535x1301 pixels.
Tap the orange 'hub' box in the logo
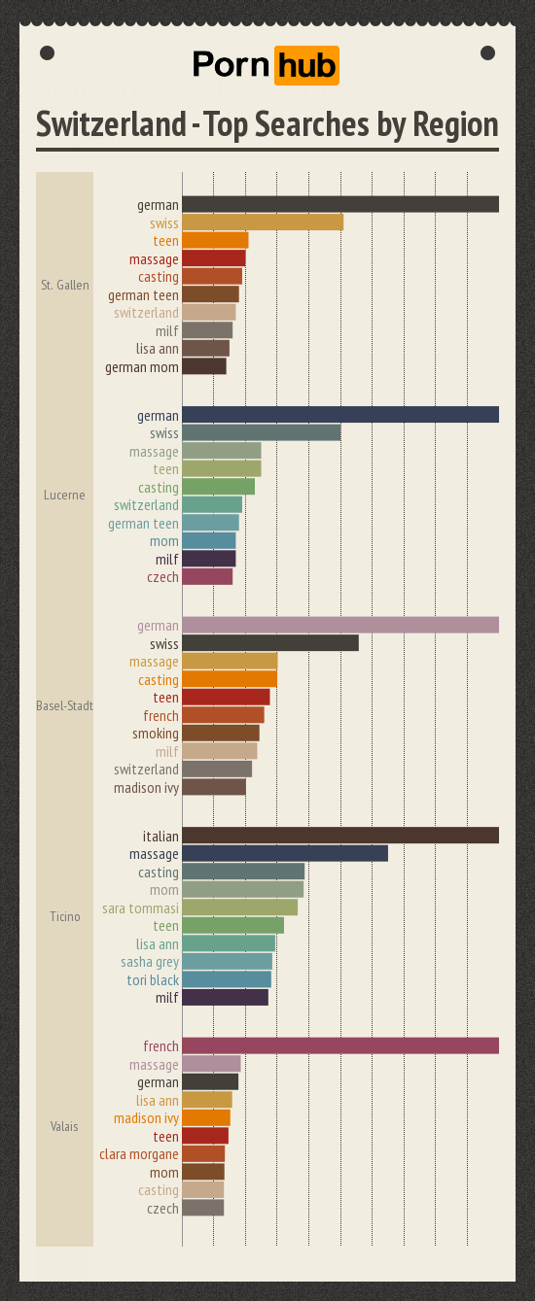point(306,65)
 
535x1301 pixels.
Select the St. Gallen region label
point(65,286)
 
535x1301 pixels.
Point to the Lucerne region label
point(64,496)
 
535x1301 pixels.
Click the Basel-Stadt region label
point(64,705)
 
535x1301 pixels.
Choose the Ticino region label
point(64,916)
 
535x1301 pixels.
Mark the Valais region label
point(64,1126)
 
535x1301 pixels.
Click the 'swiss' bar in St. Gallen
point(263,223)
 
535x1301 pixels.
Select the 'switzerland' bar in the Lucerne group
point(212,505)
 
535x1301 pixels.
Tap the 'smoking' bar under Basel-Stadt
point(221,734)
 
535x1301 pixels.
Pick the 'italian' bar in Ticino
point(340,836)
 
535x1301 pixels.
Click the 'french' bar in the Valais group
point(340,1046)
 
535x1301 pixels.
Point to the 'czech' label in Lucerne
point(162,577)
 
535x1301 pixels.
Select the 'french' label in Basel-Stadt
point(160,716)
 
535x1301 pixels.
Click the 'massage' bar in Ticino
point(285,854)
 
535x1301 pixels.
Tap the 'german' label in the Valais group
point(158,1082)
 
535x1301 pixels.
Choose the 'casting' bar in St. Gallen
point(212,277)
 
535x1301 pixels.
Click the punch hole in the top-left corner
point(47,52)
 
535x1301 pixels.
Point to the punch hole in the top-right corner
point(488,52)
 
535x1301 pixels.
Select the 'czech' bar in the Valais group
point(203,1208)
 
